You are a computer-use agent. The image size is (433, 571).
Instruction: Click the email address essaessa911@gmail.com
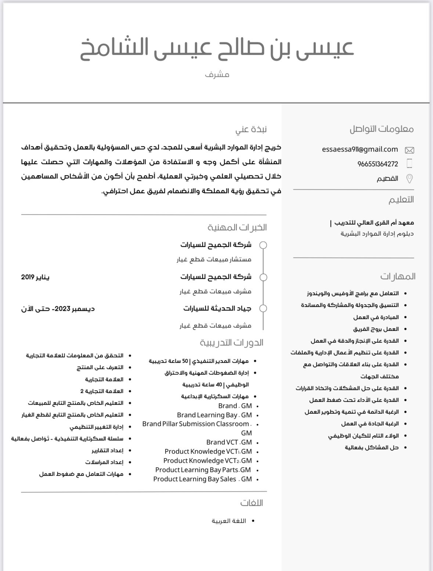[360, 149]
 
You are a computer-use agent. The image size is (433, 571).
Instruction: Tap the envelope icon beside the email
[409, 150]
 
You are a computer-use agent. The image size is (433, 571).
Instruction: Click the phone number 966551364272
[378, 164]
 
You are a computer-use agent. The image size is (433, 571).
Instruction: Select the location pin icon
[409, 179]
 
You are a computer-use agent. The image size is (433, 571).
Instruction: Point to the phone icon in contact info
[409, 164]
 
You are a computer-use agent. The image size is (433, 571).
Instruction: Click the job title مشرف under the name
[217, 75]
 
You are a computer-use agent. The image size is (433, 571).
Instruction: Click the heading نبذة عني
[251, 129]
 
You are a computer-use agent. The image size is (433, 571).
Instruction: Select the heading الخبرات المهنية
[237, 227]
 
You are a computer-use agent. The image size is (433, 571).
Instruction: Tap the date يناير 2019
[35, 277]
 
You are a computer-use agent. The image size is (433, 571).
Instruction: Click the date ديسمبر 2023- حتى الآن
[58, 309]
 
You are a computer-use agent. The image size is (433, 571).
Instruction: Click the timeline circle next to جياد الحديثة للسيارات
[263, 308]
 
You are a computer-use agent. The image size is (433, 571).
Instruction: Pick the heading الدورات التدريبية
[231, 343]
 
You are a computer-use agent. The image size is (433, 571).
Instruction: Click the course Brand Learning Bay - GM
[214, 415]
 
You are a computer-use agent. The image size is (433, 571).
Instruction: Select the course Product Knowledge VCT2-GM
[208, 461]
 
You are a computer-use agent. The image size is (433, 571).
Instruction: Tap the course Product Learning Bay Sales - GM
[202, 479]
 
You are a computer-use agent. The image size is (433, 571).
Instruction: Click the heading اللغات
[252, 503]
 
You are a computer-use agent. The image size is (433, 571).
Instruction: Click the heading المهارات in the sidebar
[398, 276]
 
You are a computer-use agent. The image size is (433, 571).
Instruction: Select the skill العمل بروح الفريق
[376, 329]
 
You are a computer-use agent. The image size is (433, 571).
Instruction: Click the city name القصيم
[387, 179]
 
